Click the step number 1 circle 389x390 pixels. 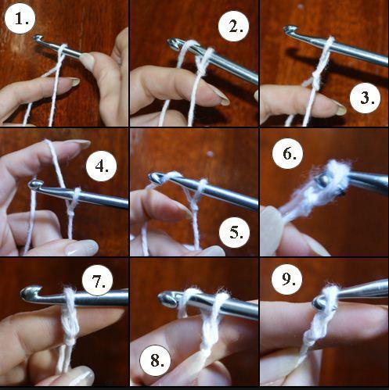pos(20,19)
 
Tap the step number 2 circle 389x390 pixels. pos(234,26)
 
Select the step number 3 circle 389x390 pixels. pos(366,98)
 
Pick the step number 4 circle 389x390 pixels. pos(102,166)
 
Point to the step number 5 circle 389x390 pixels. pos(235,232)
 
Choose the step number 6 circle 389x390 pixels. pos(288,153)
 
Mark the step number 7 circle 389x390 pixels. pos(98,281)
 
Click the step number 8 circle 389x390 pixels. pos(155,360)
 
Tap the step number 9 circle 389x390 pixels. pos(286,279)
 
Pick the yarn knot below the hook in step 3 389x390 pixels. pos(315,81)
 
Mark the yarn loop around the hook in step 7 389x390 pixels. pos(69,299)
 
